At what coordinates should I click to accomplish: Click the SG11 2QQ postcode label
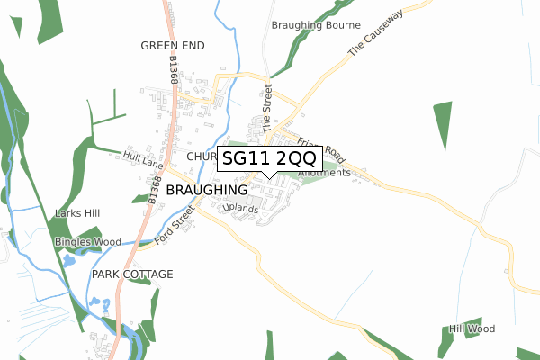point(270,159)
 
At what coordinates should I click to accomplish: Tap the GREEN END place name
point(173,45)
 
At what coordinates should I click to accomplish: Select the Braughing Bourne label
point(316,25)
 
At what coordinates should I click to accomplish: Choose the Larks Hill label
point(77,213)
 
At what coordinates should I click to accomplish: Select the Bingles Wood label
point(87,242)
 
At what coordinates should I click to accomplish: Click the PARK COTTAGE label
point(131,274)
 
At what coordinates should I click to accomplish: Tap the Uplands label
point(240,209)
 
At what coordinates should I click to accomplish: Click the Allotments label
point(322,172)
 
